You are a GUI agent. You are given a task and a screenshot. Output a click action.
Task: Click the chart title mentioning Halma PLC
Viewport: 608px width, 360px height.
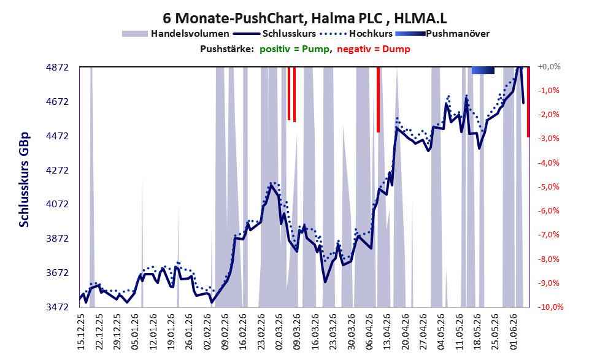304,18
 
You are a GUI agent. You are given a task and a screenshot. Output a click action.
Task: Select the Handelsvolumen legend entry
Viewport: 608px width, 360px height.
175,34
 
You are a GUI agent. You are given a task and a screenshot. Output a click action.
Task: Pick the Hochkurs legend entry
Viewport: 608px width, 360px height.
356,34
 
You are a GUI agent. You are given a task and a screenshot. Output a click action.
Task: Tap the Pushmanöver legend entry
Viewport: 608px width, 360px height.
442,34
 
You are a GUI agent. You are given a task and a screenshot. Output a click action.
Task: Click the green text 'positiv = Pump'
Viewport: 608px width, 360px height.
294,49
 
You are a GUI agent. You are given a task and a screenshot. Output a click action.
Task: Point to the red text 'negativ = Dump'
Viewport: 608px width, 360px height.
374,49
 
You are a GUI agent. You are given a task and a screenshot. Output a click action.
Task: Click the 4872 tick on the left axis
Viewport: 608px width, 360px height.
58,67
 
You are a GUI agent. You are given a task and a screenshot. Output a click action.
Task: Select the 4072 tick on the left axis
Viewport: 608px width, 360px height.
58,204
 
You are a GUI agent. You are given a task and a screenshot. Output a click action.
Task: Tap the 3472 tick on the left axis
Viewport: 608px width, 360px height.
58,307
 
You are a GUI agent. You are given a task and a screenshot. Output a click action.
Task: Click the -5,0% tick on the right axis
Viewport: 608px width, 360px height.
548,187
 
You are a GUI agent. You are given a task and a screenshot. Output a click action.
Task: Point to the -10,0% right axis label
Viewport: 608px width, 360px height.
550,307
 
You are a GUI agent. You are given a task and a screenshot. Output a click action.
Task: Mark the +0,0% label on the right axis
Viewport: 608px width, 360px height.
549,67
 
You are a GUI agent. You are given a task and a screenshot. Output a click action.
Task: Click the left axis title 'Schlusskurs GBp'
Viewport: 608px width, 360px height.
24,180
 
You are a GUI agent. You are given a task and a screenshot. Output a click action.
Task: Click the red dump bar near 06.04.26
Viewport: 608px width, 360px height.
378,99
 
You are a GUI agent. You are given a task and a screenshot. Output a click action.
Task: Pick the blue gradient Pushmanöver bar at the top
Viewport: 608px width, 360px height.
483,70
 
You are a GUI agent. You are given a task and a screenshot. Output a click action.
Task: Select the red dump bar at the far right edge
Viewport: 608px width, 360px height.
528,102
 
